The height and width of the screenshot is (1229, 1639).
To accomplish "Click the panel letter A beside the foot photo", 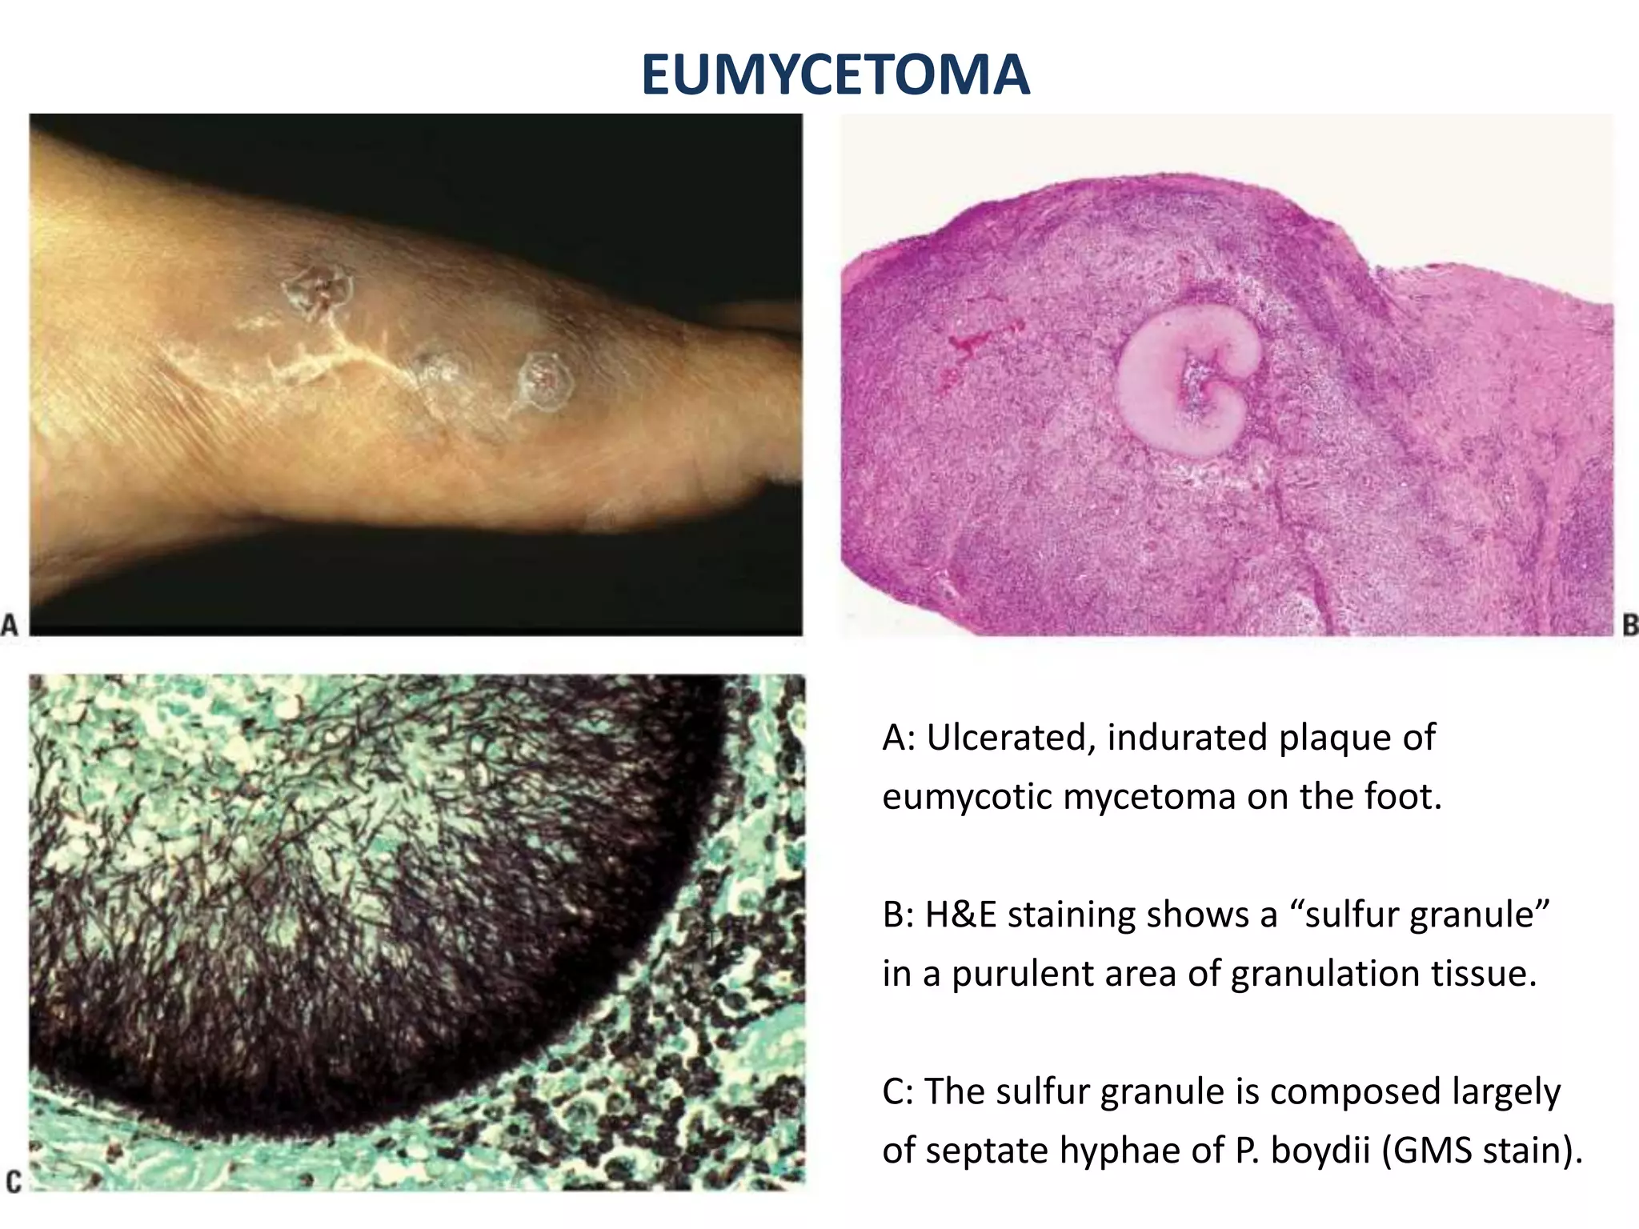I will [10, 624].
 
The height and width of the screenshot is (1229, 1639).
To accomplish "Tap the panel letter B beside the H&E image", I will [1629, 624].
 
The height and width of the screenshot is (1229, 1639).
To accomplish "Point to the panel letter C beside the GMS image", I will [13, 1181].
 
